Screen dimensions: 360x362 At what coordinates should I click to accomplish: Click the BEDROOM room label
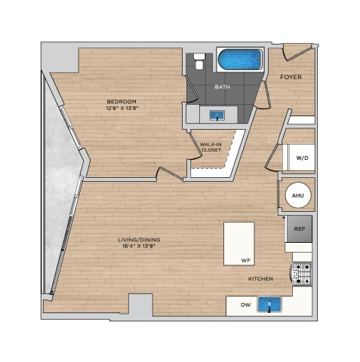click(x=122, y=102)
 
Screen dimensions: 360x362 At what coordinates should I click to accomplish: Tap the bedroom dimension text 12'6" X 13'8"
click(x=122, y=109)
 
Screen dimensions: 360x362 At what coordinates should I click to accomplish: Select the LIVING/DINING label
click(x=139, y=240)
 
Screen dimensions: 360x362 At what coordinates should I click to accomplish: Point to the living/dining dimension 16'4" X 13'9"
click(x=139, y=247)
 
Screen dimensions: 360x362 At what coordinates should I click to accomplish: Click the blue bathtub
click(x=240, y=60)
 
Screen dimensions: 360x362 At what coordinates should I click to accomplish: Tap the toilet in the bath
click(x=198, y=61)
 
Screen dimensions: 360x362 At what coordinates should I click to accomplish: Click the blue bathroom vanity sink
click(x=217, y=115)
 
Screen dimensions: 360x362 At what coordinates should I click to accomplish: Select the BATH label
click(x=223, y=87)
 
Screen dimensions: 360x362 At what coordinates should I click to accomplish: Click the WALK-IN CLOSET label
click(x=211, y=147)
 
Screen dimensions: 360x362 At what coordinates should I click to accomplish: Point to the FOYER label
click(x=291, y=77)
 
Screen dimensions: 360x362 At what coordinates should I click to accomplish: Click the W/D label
click(x=302, y=158)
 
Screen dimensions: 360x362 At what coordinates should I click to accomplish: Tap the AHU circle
click(x=298, y=195)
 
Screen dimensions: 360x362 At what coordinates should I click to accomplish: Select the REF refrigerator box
click(x=300, y=229)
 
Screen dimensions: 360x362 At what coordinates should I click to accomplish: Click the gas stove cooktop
click(x=302, y=274)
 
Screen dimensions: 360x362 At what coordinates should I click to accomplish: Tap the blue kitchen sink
click(x=269, y=305)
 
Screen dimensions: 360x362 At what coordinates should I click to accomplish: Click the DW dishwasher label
click(x=246, y=305)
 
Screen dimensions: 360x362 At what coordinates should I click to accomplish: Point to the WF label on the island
click(x=246, y=261)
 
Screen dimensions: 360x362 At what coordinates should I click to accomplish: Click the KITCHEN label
click(x=260, y=279)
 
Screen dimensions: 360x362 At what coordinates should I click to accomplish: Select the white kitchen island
click(x=239, y=244)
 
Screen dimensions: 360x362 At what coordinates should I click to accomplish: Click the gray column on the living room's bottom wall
click(x=140, y=305)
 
